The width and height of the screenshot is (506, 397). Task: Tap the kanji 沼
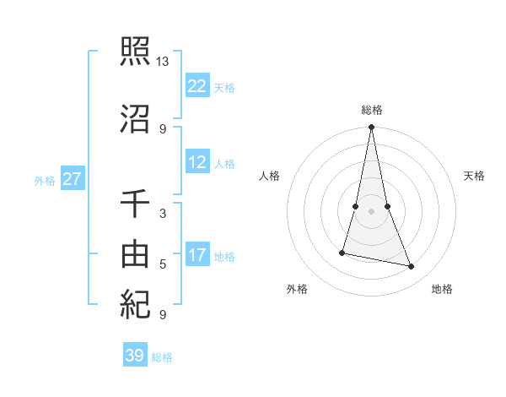(135, 118)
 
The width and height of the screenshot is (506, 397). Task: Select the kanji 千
(135, 204)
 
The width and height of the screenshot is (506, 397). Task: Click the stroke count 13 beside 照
(163, 62)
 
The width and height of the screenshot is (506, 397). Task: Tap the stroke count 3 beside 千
(163, 213)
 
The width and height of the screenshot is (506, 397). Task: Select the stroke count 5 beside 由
(163, 264)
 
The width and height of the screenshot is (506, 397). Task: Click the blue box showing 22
(197, 86)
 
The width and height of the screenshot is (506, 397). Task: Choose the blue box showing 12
(197, 162)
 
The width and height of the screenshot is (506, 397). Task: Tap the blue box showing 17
(197, 255)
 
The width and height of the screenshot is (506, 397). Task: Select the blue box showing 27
(73, 179)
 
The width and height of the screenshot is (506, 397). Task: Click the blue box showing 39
(135, 356)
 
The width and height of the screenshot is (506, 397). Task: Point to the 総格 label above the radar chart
(372, 110)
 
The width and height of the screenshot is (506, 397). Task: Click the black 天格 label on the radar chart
(474, 176)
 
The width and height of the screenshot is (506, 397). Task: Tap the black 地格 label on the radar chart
(442, 289)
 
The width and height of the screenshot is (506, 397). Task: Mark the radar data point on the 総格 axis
(372, 128)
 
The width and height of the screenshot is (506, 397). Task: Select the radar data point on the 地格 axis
(412, 267)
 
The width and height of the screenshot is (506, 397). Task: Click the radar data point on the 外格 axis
(342, 252)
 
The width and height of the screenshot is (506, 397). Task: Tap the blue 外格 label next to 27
(45, 180)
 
